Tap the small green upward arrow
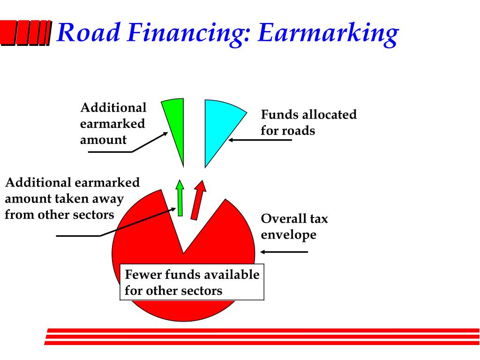pos(180,198)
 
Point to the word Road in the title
pos(89,32)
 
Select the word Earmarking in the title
pos(328,34)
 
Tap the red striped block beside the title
pos(26,33)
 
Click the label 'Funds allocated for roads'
pos(308,122)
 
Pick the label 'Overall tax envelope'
pos(294,226)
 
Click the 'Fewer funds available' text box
pos(192,282)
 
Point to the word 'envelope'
pos(288,235)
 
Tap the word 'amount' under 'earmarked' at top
pos(103,140)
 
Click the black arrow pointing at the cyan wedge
pos(260,140)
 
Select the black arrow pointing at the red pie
pos(284,252)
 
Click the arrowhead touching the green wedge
pos(165,134)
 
